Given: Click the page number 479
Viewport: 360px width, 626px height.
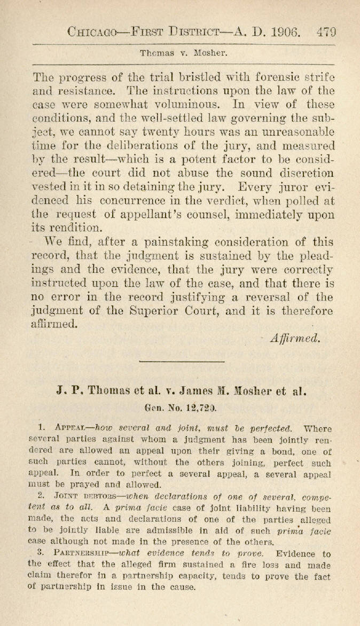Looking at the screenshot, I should [x=325, y=31].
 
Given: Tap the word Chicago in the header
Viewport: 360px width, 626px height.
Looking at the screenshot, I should [x=97, y=31].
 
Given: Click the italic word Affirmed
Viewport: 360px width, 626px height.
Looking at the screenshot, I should [x=295, y=338].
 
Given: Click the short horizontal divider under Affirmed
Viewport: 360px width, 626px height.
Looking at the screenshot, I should [x=181, y=362].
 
